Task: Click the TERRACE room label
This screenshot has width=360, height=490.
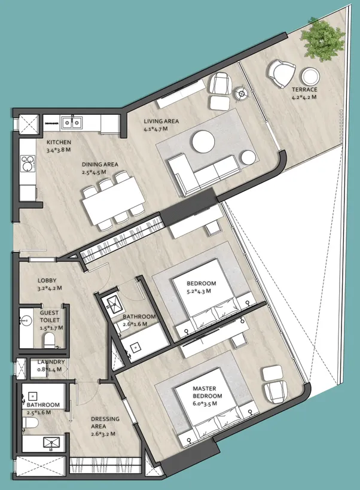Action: point(304,89)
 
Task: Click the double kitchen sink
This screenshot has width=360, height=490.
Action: point(72,122)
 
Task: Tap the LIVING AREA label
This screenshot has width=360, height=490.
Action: point(161,121)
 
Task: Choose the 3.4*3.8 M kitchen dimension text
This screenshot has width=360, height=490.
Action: point(59,150)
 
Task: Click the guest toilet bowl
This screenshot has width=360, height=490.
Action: point(50,340)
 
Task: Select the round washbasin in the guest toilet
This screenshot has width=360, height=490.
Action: point(26,320)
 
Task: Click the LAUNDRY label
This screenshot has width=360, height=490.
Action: point(51,362)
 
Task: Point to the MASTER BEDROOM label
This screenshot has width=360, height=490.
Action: point(208,392)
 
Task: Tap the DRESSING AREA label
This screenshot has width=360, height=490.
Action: point(105,422)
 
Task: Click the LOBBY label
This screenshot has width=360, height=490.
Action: point(47,281)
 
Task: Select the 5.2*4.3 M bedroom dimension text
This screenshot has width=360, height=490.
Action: point(199,291)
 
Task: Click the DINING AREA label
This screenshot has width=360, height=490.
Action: point(100,165)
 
